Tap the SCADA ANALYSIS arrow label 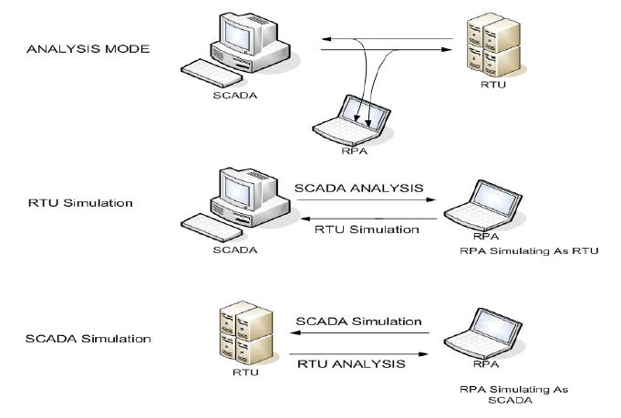click(359, 189)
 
